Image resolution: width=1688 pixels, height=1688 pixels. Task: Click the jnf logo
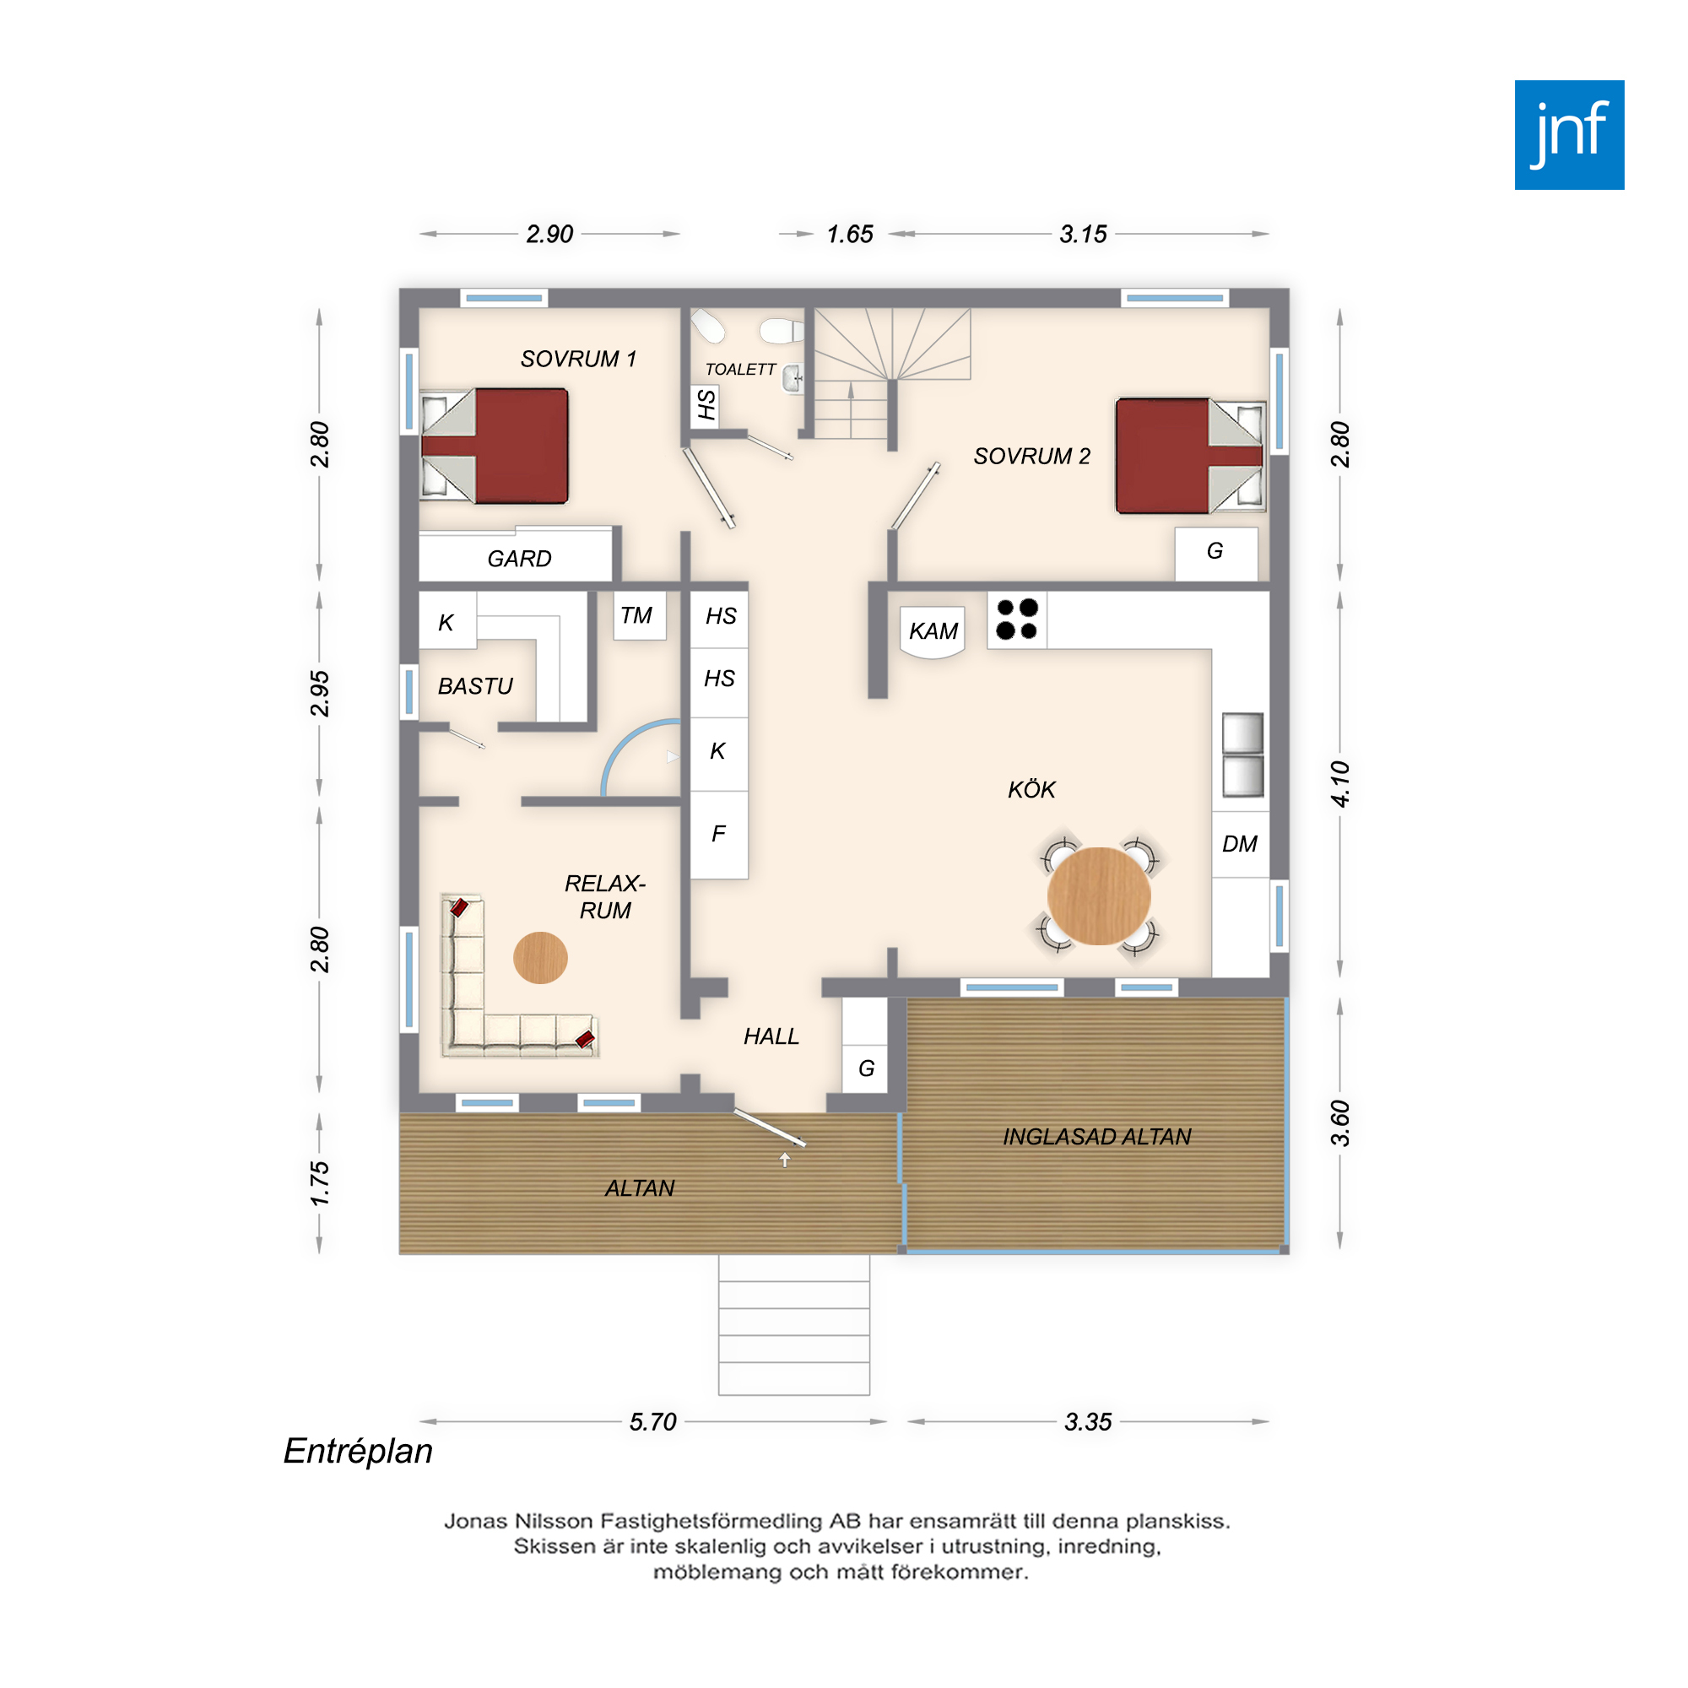pos(1569,134)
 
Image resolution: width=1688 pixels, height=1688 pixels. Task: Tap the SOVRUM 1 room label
pos(578,359)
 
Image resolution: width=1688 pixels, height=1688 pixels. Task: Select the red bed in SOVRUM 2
pos(1189,455)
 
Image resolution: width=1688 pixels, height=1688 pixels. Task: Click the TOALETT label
pos(740,370)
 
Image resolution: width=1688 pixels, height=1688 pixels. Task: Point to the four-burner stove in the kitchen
pos(1017,619)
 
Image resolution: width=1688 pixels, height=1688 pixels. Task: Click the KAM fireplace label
pos(933,630)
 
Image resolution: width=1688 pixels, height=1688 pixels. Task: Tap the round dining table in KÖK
pos(1098,895)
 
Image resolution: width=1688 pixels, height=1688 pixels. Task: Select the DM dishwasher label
pos(1239,844)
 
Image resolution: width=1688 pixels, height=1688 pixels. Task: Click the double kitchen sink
pos(1242,755)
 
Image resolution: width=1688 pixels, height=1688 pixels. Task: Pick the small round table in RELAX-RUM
pos(540,958)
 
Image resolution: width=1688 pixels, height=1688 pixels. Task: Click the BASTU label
pos(475,686)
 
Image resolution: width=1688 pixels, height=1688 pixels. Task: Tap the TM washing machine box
pos(640,616)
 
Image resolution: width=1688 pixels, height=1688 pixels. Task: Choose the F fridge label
pos(718,834)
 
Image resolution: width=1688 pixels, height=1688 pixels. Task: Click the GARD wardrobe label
pos(519,558)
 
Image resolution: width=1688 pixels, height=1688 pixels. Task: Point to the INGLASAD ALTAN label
pos(1096,1137)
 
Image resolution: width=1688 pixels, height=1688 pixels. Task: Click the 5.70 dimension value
pos(652,1421)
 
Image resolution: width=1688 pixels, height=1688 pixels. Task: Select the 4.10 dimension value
pos(1339,784)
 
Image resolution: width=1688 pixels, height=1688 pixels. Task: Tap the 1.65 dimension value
pos(849,234)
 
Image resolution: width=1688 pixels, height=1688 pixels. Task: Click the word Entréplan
pos(358,1451)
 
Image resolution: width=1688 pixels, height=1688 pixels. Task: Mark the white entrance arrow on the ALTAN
pos(785,1160)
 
